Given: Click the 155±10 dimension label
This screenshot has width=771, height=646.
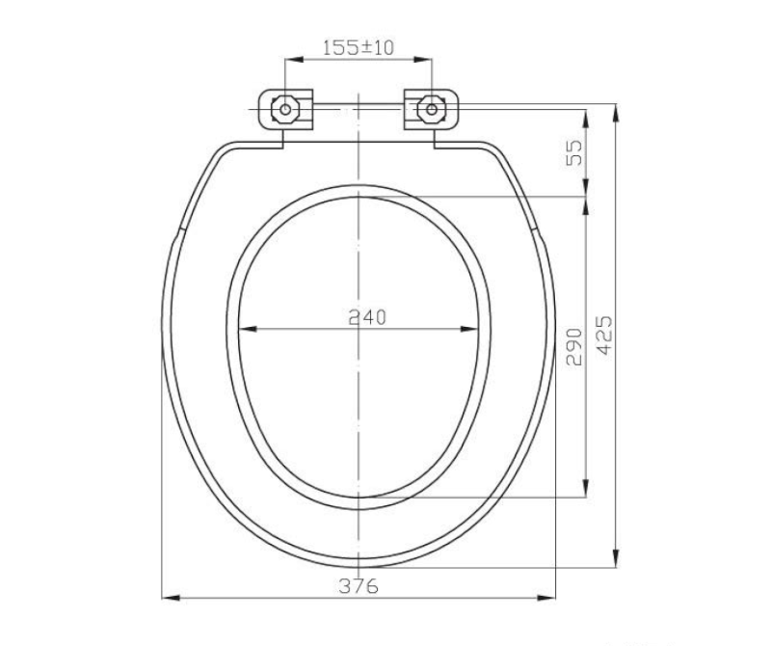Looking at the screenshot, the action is click(358, 47).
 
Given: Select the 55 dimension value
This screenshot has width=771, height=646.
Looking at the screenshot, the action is click(573, 152).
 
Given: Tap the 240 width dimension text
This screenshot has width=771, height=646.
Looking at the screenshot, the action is click(367, 317).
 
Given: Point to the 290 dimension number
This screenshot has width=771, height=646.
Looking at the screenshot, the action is click(573, 347).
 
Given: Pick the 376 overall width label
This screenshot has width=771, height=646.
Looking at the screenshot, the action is click(359, 586).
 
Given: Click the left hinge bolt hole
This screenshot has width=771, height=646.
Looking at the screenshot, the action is click(285, 109).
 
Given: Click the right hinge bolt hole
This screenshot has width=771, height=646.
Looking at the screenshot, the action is click(431, 109).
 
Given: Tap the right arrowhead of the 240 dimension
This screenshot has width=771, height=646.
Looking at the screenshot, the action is click(469, 329).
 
